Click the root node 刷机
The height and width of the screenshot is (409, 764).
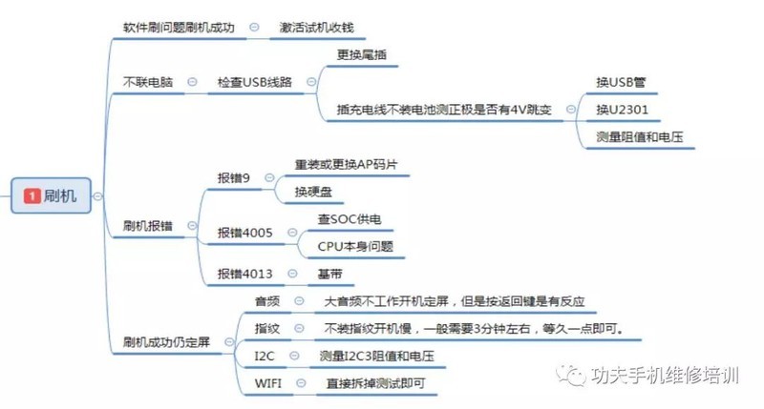pyautogui.click(x=59, y=195)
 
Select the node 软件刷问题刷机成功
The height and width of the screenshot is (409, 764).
pyautogui.click(x=179, y=28)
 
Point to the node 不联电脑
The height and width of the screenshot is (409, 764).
pyautogui.click(x=148, y=83)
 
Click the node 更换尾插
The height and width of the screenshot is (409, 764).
pyautogui.click(x=362, y=54)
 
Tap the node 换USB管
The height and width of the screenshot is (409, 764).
pyautogui.click(x=621, y=83)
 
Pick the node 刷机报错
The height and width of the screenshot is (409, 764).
pyautogui.click(x=148, y=226)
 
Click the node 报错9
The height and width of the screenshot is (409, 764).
pyautogui.click(x=235, y=177)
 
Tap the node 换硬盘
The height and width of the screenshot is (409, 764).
pyautogui.click(x=314, y=192)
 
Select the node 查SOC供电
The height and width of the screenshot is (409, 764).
pyautogui.click(x=350, y=219)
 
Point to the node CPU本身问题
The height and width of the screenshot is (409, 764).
pyautogui.click(x=354, y=246)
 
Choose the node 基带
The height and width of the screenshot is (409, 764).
pyautogui.click(x=329, y=274)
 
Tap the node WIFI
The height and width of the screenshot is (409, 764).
pyautogui.click(x=268, y=383)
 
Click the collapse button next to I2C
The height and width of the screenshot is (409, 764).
pyautogui.click(x=297, y=357)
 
